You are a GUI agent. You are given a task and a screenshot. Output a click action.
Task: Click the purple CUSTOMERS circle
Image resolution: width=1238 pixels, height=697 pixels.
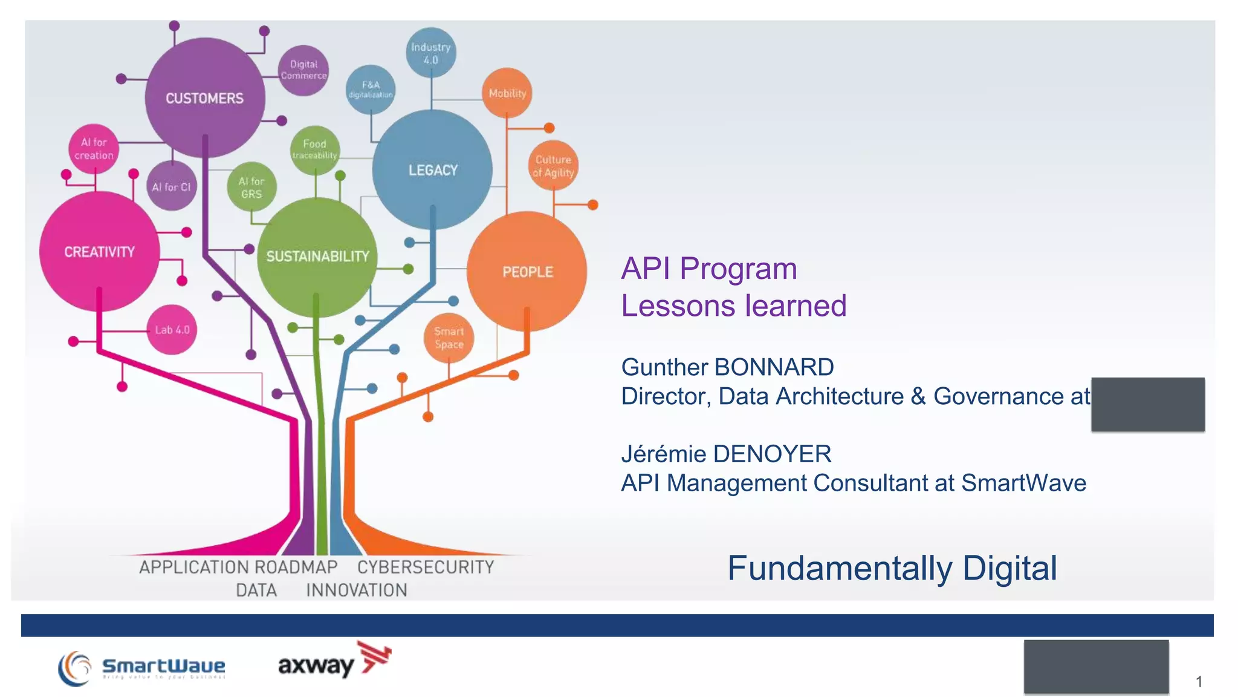pos(205,98)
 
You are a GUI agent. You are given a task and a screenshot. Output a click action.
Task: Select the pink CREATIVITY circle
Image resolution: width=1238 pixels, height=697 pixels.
pos(99,252)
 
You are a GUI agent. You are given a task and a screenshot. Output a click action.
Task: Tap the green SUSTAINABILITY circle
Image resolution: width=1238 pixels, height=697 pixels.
pos(317,257)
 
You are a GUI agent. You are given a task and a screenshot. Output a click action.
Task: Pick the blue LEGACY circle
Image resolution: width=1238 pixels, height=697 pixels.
pos(432,170)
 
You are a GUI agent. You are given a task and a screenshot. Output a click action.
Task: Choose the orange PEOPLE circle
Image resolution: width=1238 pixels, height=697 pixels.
pos(527,272)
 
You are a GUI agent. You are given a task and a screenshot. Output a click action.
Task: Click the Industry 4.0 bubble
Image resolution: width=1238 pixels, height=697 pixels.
pos(431,53)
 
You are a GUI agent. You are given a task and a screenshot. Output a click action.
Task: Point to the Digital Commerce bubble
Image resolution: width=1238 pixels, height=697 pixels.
pos(303,70)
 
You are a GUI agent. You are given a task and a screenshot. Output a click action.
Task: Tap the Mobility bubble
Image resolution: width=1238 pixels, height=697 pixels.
pos(507,93)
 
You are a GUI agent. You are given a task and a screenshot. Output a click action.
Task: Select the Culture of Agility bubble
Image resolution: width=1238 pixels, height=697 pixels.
pos(553,166)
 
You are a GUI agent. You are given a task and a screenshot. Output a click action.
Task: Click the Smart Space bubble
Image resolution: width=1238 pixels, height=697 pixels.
pos(449,338)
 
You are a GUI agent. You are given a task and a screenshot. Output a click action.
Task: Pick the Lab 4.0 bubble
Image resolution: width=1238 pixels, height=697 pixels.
pos(172,330)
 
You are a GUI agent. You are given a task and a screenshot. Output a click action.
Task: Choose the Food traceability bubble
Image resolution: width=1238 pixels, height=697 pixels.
pos(314,149)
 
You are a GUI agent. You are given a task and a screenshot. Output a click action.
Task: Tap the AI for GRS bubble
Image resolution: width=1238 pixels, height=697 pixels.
pos(251,188)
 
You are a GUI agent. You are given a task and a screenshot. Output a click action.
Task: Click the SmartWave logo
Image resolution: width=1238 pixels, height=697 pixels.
pos(143,667)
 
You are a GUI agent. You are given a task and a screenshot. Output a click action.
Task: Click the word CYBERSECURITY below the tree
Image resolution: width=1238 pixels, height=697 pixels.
pos(426,568)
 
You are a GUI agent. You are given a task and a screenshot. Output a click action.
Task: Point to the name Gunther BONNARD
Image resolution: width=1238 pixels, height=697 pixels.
pos(727,367)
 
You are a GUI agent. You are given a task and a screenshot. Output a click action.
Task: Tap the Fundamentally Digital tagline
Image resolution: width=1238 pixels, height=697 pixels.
pos(892,568)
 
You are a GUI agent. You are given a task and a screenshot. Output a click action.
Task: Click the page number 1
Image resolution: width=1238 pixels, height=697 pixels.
pos(1199,682)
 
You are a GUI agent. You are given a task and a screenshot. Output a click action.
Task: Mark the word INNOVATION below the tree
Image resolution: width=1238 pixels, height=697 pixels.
pos(357,590)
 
